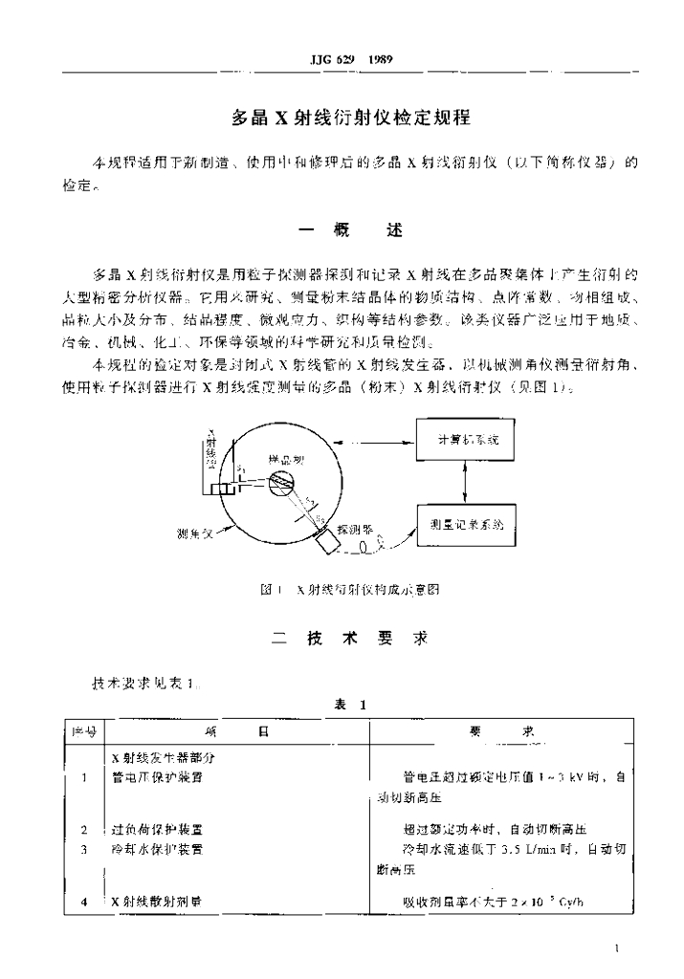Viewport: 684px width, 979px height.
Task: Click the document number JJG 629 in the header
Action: pyautogui.click(x=331, y=59)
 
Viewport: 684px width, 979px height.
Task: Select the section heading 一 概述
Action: pyautogui.click(x=352, y=231)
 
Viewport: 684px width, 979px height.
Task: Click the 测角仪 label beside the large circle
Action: pyautogui.click(x=195, y=533)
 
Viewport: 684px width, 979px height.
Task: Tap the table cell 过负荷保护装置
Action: pyautogui.click(x=157, y=829)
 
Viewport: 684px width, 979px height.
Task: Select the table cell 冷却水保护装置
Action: pyautogui.click(x=157, y=848)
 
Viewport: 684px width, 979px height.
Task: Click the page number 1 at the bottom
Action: pyautogui.click(x=620, y=948)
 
